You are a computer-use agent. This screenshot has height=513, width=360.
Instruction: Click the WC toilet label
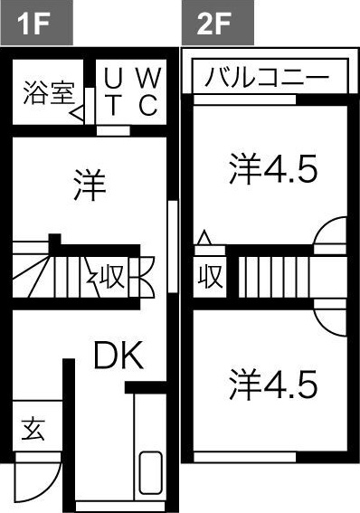click(149, 90)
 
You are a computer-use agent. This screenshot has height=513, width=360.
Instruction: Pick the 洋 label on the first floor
click(90, 186)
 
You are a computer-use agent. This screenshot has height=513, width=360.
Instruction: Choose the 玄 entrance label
click(33, 429)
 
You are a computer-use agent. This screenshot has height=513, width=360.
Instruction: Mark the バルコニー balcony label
click(266, 78)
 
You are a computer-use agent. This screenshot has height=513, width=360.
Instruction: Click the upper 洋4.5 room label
click(272, 169)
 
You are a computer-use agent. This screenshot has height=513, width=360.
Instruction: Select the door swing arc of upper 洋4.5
click(331, 235)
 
